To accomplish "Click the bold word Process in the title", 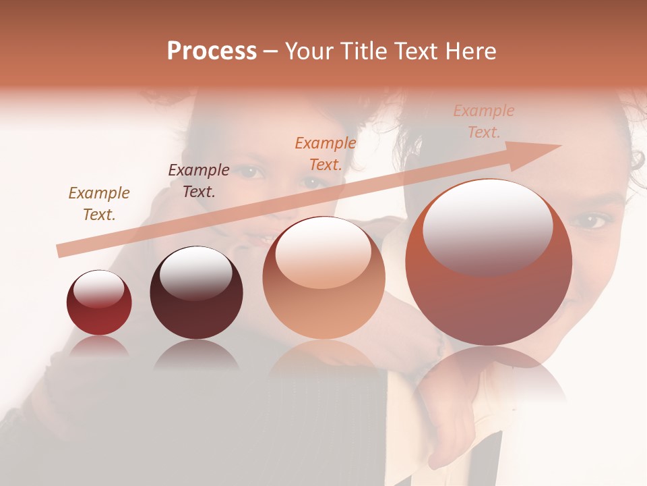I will (x=212, y=51).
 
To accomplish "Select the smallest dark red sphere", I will (x=99, y=302).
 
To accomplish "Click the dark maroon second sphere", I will (x=196, y=292).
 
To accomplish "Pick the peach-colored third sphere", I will (x=323, y=278).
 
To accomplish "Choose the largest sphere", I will (x=489, y=262).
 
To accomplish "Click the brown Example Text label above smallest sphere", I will (x=99, y=204).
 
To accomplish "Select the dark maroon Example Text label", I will (x=198, y=180).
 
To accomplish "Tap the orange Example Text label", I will (x=326, y=153).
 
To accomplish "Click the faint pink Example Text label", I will (x=483, y=121).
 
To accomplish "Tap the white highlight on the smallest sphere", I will (x=98, y=289).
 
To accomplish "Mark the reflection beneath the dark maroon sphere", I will (x=196, y=354).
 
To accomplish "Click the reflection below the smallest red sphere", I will (x=99, y=346).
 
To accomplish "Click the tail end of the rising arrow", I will (x=62, y=250).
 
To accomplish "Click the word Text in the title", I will (x=417, y=51).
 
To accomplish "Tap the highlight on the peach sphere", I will (x=323, y=252).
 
